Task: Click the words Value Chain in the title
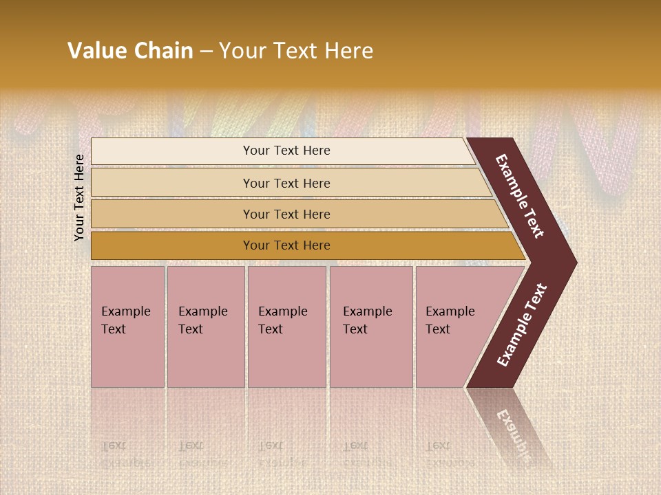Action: [130, 51]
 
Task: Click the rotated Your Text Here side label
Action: [79, 198]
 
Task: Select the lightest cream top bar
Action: [172, 151]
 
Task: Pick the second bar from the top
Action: [172, 183]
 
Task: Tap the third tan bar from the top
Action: [172, 214]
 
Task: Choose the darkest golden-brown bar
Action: [172, 245]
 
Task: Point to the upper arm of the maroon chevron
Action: [521, 196]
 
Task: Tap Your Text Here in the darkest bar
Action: [286, 245]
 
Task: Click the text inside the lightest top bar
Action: [286, 151]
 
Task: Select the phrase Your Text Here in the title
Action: [296, 51]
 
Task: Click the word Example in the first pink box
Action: [125, 311]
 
